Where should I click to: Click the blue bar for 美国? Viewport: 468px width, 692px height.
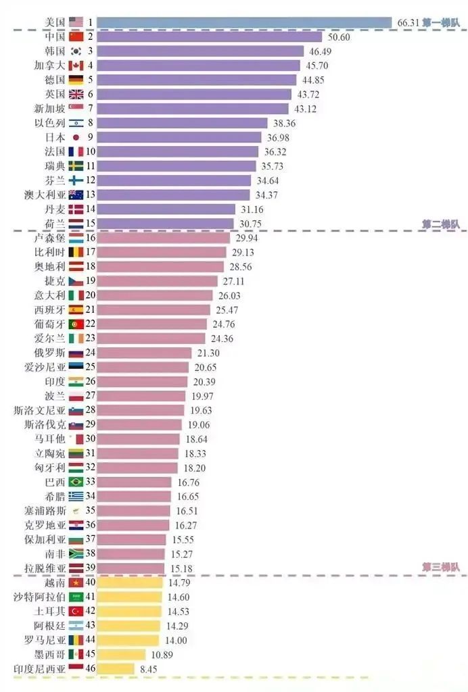[244, 22]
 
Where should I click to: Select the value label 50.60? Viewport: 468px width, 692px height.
[339, 37]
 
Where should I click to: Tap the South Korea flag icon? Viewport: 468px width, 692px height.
[76, 51]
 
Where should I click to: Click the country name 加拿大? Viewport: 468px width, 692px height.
[49, 66]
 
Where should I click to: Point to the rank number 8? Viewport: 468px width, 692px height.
[91, 123]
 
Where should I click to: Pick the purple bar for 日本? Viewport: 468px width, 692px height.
[179, 137]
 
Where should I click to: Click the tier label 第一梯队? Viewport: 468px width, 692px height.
[441, 22]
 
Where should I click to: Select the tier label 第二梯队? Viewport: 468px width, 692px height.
[441, 224]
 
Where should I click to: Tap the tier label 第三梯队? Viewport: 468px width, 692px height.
[441, 567]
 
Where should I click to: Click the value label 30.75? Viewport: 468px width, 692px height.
[250, 224]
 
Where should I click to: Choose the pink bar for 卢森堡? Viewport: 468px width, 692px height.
[164, 238]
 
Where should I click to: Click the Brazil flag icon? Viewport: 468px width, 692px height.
[76, 482]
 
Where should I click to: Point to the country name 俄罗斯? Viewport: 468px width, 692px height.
[49, 353]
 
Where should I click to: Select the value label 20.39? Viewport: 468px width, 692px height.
[204, 382]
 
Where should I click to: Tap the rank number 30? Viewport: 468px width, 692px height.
[91, 439]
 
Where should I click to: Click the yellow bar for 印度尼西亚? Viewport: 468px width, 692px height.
[116, 668]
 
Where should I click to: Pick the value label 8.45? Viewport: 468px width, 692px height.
[148, 670]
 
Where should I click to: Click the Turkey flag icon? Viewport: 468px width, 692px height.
[76, 611]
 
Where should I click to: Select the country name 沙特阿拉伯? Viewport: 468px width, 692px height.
[39, 597]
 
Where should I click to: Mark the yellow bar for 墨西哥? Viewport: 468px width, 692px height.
[122, 654]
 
